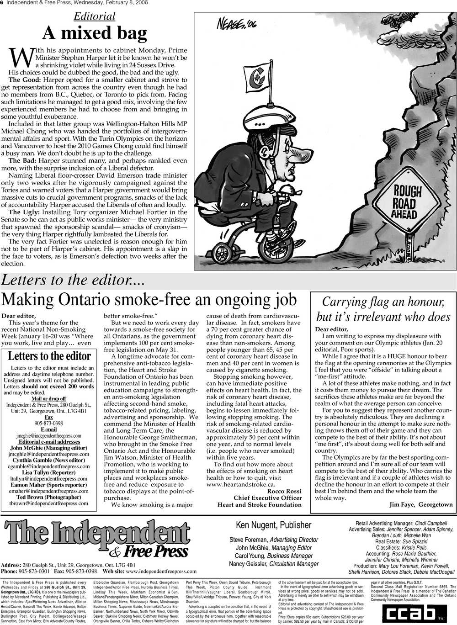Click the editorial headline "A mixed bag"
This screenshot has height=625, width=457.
pos(95,33)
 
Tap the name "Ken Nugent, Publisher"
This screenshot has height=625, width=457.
pos(273,525)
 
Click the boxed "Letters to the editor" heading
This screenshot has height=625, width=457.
pos(49,356)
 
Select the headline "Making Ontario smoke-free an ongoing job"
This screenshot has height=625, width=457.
pos(149,300)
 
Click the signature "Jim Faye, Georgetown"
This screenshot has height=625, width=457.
pos(421,505)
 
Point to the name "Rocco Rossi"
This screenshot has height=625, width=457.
pos(284,491)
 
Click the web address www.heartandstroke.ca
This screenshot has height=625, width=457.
pos(240,484)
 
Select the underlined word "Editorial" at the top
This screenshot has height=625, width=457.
pos(95,16)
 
